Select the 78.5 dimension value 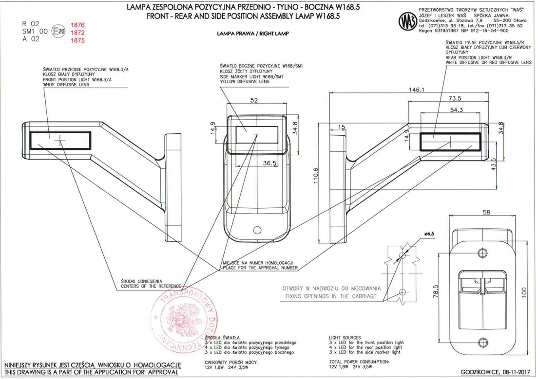point(438,292)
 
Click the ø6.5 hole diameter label point(429,234)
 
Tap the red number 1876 point(78,24)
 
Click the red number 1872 point(78,32)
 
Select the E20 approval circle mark point(58,32)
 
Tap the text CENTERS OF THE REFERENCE point(151,286)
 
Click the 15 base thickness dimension point(341,127)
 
